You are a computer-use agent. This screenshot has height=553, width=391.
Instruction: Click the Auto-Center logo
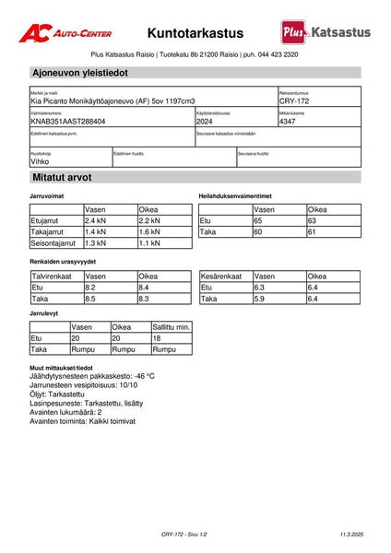pos(65,32)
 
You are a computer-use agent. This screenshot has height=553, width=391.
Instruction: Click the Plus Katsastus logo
pos(326,32)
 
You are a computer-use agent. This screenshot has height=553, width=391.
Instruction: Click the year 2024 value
pos(205,121)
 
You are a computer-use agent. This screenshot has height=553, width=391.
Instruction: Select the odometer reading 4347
pos(288,121)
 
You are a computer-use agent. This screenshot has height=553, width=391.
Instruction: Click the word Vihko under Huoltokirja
pos(41,160)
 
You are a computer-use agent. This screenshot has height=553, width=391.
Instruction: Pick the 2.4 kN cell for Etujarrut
pos(97,221)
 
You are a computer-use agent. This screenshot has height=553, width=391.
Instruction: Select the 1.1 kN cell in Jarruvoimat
pos(149,244)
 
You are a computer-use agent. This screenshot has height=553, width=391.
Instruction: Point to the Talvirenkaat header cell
pos(52,276)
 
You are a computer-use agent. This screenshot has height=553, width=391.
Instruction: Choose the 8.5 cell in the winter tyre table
pos(91,300)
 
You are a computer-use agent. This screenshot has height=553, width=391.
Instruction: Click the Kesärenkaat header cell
pos(221,276)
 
